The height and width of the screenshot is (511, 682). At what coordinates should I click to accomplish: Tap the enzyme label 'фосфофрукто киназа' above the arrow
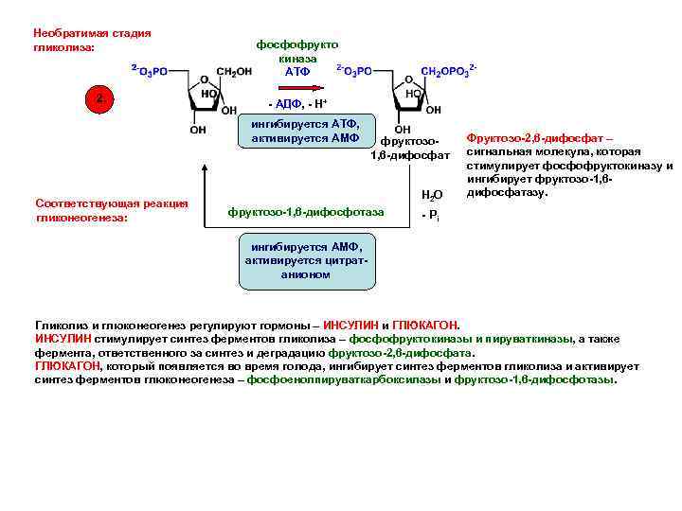[x=296, y=51]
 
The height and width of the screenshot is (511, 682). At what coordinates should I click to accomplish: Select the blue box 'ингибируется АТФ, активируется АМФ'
[x=305, y=132]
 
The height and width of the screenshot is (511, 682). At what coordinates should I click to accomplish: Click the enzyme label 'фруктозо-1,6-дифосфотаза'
[x=306, y=212]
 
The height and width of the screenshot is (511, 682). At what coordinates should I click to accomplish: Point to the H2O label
[x=430, y=196]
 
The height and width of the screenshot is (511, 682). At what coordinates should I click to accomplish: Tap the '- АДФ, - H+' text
[x=297, y=102]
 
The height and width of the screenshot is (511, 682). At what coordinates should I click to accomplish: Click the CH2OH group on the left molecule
[x=234, y=71]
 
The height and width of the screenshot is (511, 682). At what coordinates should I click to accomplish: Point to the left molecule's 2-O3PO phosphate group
[x=150, y=71]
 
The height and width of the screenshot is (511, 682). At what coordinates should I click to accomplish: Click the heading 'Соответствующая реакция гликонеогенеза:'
[x=111, y=210]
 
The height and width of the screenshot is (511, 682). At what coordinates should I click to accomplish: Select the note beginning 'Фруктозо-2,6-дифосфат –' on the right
[x=567, y=166]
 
